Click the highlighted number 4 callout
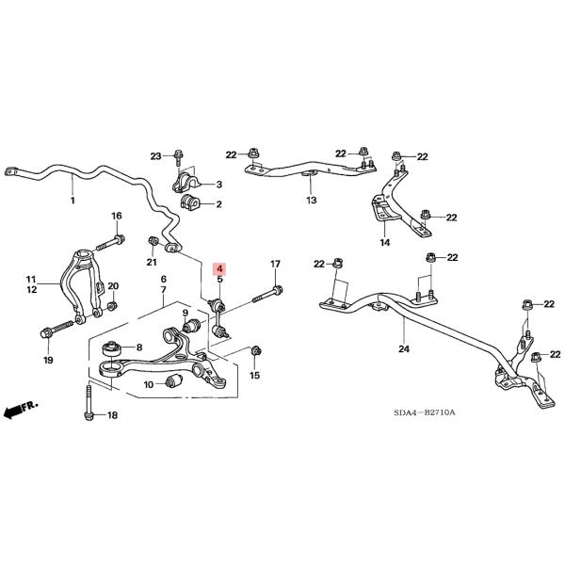(x=219, y=268)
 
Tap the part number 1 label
(x=73, y=202)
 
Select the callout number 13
(x=312, y=201)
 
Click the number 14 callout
(x=384, y=243)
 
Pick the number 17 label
(x=276, y=264)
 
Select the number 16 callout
(x=117, y=217)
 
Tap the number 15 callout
(x=254, y=376)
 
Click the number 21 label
(x=152, y=263)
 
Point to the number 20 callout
(x=114, y=286)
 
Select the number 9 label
(x=186, y=313)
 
